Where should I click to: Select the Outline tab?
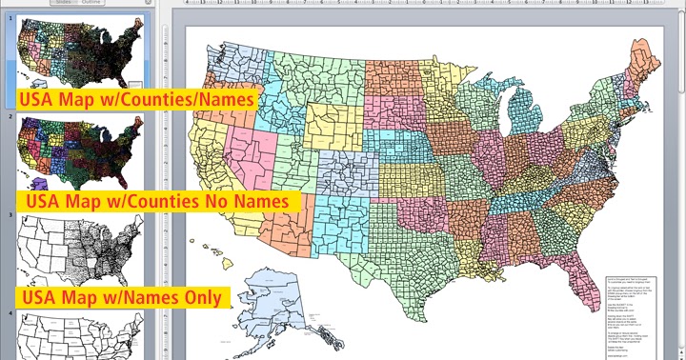(x=92, y=3)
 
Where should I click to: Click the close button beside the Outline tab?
(x=148, y=3)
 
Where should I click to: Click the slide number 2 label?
(x=10, y=116)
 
